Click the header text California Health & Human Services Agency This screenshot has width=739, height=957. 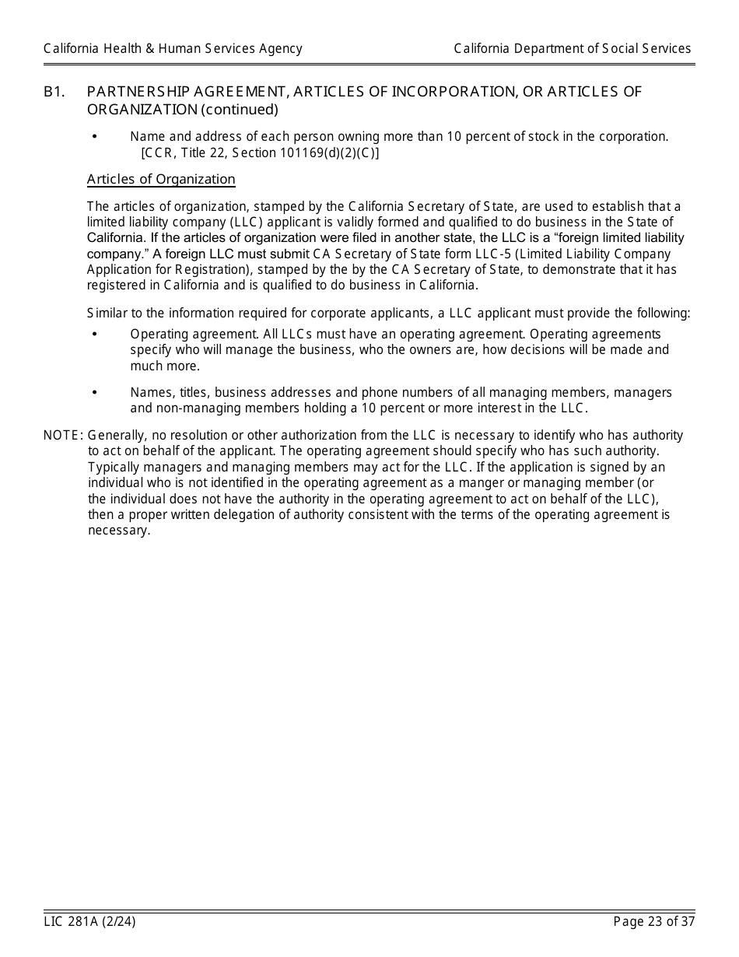click(x=173, y=49)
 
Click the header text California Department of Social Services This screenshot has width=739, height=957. click(x=573, y=49)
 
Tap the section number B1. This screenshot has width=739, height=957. click(x=54, y=92)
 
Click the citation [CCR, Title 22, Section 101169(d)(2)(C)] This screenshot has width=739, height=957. click(x=260, y=152)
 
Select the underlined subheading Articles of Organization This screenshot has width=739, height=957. click(x=161, y=180)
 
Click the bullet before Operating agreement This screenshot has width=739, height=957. click(x=95, y=334)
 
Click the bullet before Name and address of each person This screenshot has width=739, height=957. click(x=95, y=137)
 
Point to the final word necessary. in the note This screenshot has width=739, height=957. click(x=119, y=531)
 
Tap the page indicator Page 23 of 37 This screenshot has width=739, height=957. click(x=653, y=922)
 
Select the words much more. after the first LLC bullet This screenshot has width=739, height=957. click(x=165, y=366)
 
